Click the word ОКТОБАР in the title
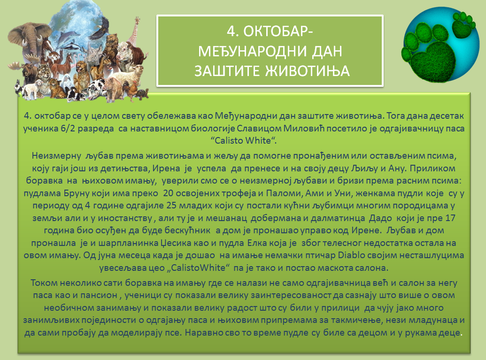(x=278, y=31)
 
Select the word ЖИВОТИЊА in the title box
(x=307, y=70)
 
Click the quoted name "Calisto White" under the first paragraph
(x=244, y=140)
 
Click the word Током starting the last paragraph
(x=44, y=283)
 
